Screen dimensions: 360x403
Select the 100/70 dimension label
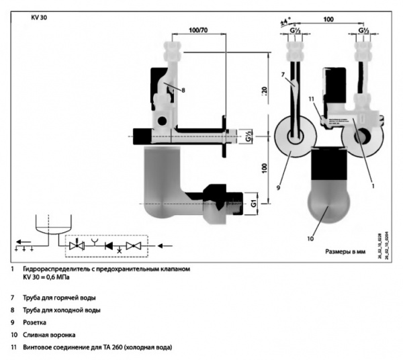point(198,31)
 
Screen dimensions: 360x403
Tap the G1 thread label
point(249,201)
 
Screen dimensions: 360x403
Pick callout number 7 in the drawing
point(283,74)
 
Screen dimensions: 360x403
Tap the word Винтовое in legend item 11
point(38,347)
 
